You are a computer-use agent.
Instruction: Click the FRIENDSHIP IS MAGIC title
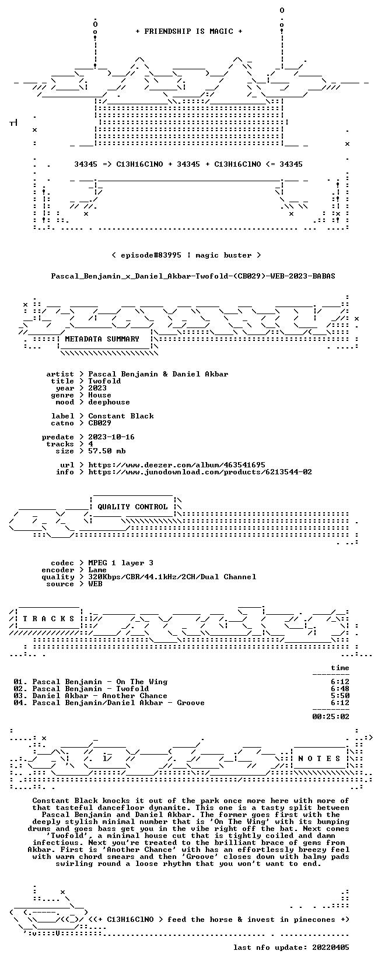[x=189, y=31]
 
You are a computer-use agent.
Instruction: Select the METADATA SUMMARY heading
[x=102, y=339]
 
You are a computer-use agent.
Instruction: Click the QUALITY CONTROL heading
[x=132, y=506]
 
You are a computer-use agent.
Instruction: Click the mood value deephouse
[x=109, y=402]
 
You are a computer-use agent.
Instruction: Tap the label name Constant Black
[x=121, y=415]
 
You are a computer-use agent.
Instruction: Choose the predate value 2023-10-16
[x=111, y=437]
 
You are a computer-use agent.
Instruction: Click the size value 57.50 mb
[x=107, y=451]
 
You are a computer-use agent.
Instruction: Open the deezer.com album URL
[x=177, y=465]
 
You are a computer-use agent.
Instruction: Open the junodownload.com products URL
[x=200, y=472]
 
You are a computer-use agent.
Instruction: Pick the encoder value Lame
[x=97, y=569]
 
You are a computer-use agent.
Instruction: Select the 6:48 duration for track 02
[x=340, y=689]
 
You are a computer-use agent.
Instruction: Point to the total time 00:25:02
[x=331, y=716]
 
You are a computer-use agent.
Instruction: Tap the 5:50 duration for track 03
[x=340, y=696]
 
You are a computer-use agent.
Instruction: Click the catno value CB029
[x=100, y=423]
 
